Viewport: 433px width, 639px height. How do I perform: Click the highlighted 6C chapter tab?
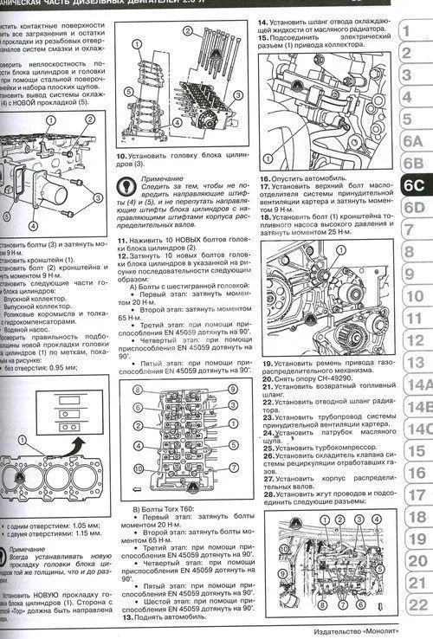(x=413, y=184)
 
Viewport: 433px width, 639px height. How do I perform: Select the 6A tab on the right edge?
(x=413, y=140)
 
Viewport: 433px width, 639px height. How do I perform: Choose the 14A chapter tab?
(x=417, y=384)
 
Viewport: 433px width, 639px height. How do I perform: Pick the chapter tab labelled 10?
(x=417, y=297)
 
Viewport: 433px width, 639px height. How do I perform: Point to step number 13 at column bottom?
(x=126, y=616)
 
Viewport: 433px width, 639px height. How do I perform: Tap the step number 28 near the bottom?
(x=268, y=494)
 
